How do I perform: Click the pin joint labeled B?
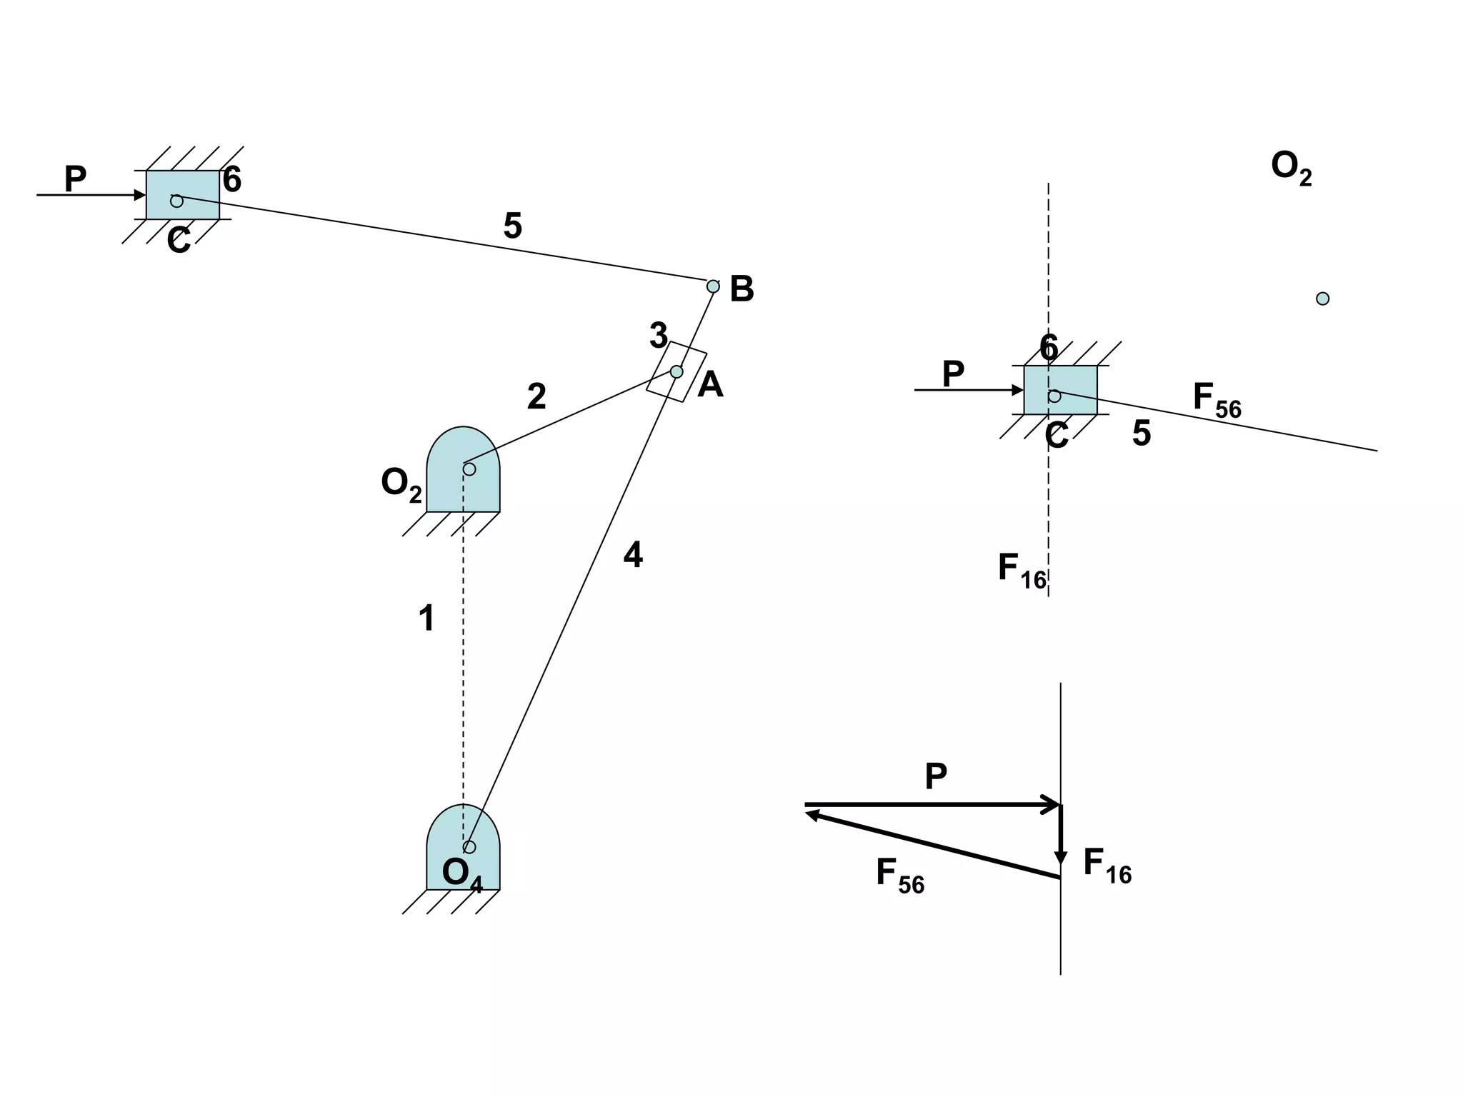pyautogui.click(x=713, y=286)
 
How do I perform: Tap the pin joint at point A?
pyautogui.click(x=676, y=371)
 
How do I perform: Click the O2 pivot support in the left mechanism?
pyautogui.click(x=463, y=471)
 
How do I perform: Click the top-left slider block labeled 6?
pyautogui.click(x=183, y=195)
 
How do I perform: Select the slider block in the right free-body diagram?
pyautogui.click(x=1060, y=390)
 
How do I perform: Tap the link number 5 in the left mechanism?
pyautogui.click(x=513, y=226)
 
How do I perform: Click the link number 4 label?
pyautogui.click(x=633, y=555)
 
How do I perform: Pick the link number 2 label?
pyautogui.click(x=536, y=396)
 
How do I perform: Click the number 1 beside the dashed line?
pyautogui.click(x=426, y=618)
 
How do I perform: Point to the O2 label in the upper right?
pyautogui.click(x=1291, y=167)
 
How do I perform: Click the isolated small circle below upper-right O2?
pyautogui.click(x=1322, y=299)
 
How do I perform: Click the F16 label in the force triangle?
pyautogui.click(x=1107, y=865)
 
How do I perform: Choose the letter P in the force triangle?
pyautogui.click(x=936, y=776)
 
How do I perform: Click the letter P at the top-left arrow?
pyautogui.click(x=75, y=179)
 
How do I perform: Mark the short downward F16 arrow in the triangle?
pyautogui.click(x=1061, y=835)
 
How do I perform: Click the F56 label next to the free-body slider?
pyautogui.click(x=1217, y=399)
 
